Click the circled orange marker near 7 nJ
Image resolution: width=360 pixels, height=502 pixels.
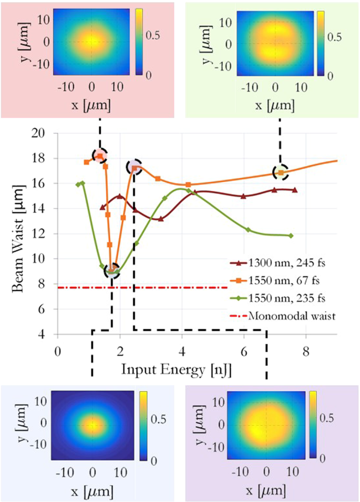point(281,172)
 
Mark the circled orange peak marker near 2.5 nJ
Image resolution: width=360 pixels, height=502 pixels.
point(135,167)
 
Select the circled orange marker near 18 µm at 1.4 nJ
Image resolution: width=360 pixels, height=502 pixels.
point(100,156)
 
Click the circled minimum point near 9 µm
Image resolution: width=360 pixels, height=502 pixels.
point(111,271)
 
